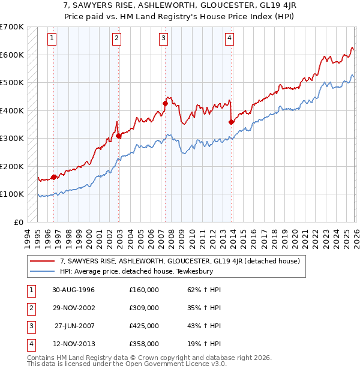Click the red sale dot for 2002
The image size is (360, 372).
click(119, 136)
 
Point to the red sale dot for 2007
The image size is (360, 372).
click(165, 104)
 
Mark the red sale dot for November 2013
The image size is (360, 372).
click(231, 122)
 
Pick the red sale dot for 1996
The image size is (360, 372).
click(54, 177)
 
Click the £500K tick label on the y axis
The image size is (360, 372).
click(12, 82)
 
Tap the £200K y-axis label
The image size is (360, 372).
click(12, 166)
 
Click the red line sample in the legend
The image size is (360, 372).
click(42, 261)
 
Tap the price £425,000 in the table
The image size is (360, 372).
click(143, 326)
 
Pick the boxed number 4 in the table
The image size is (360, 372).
click(31, 344)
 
